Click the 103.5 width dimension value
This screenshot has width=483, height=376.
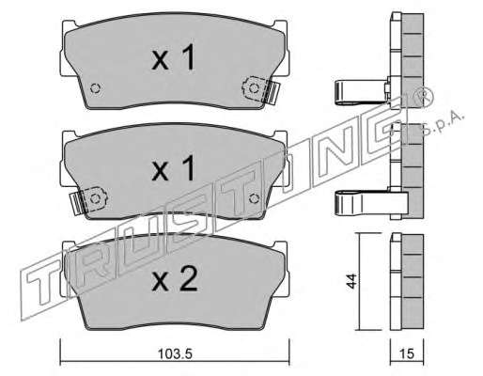coord(175,354)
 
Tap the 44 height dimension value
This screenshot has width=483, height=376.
coord(351,281)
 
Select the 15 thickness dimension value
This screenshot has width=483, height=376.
coord(407,354)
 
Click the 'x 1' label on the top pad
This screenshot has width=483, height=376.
coord(173,57)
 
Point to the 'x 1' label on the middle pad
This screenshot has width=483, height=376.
coord(173,168)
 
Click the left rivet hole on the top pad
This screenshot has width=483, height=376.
coord(95,88)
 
